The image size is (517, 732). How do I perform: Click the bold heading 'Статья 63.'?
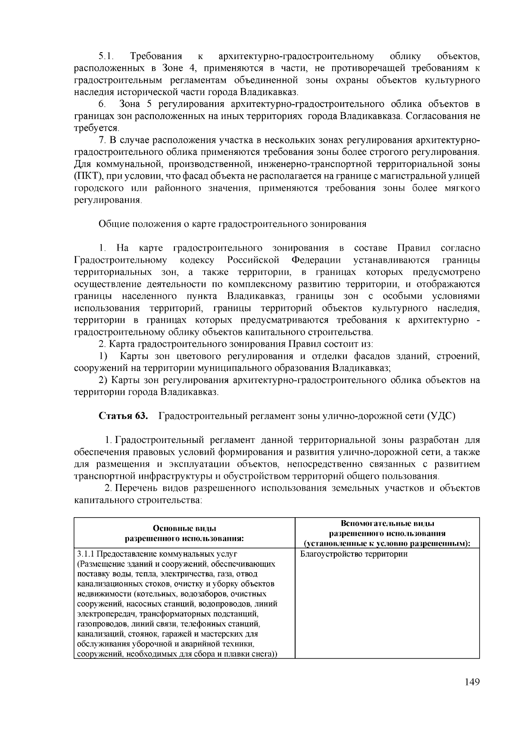(124, 416)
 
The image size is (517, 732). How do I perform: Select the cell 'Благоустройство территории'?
(353, 554)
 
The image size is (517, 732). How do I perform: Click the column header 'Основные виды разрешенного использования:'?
(184, 534)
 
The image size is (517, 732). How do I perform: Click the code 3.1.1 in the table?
(84, 554)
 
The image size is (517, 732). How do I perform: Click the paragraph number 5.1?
(106, 57)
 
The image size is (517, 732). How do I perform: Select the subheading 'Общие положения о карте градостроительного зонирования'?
(232, 224)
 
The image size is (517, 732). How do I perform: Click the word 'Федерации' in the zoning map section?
(316, 260)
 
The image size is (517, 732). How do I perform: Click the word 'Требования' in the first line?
(156, 57)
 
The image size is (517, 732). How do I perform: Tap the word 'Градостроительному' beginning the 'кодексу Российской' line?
(121, 260)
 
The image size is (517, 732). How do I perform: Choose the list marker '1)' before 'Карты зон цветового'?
(103, 356)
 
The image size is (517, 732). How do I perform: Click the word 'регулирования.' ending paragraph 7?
(108, 201)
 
